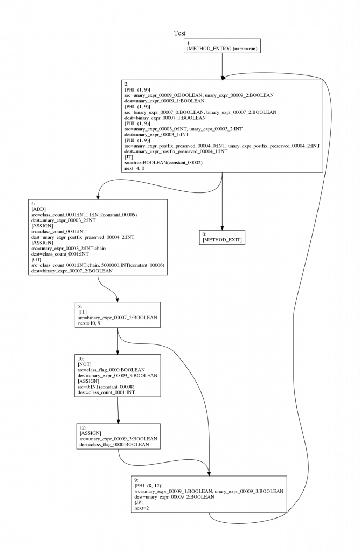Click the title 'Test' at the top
179,33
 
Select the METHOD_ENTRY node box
222,46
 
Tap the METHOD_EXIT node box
222,237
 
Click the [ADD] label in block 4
39,209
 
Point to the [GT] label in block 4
37,259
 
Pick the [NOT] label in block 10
85,364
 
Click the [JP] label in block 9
139,503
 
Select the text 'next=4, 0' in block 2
134,168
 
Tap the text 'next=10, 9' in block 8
89,323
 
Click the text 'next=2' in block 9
141,508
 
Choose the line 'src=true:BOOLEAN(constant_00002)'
164,163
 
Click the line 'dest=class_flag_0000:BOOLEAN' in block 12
114,445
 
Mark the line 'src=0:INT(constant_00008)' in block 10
106,387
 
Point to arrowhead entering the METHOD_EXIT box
222,228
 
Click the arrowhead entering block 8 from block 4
117,300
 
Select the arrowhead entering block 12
118,421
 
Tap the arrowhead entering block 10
117,351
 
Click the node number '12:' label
83,427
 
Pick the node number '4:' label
33,203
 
